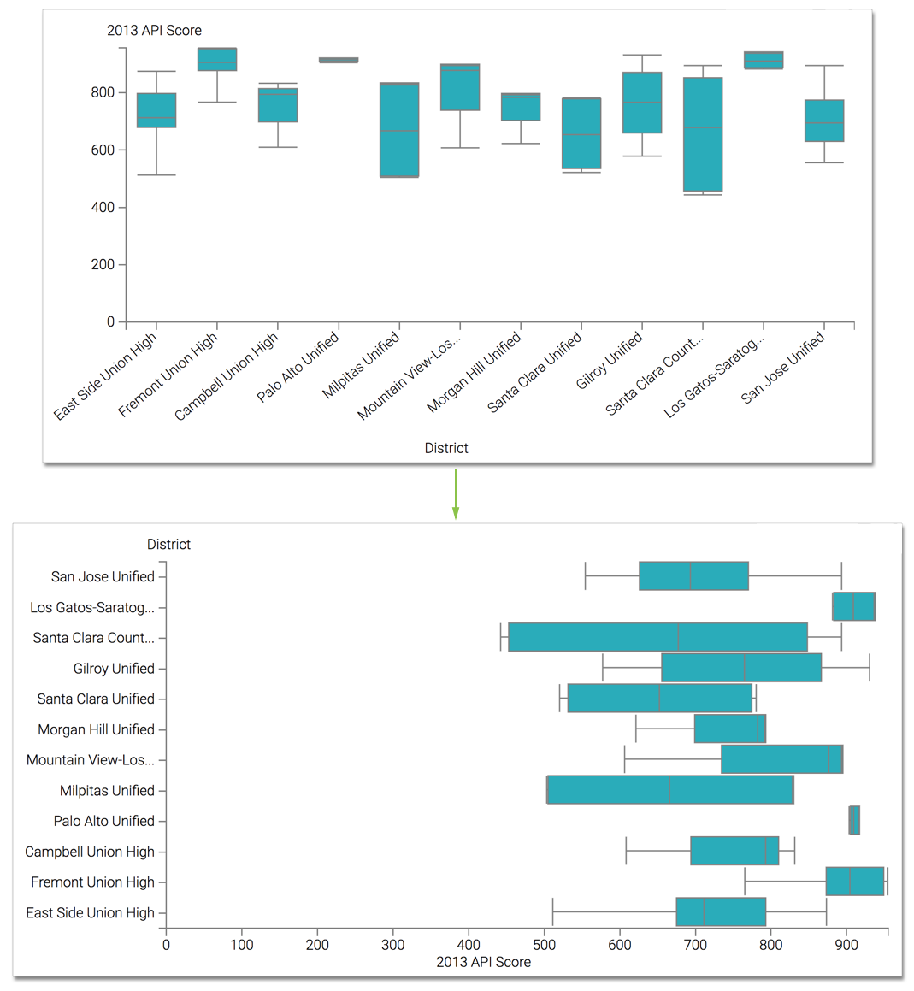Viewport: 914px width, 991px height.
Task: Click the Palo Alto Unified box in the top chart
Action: [339, 60]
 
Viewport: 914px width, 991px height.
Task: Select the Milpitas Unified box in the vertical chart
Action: [399, 130]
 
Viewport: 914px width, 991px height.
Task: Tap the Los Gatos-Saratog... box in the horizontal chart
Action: [853, 606]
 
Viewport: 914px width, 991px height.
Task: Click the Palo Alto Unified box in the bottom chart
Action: [854, 820]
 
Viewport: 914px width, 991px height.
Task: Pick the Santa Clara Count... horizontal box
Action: [657, 637]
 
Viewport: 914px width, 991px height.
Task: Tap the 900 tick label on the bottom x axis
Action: [846, 945]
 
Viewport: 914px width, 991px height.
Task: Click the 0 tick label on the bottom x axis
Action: [166, 945]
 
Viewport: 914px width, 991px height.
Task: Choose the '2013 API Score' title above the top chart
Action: [154, 31]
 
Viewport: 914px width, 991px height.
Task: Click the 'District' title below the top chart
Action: [446, 448]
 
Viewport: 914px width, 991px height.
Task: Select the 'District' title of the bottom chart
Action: [168, 545]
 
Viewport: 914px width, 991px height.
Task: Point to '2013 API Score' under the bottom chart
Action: [483, 962]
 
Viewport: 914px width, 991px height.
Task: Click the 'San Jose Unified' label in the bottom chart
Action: [103, 577]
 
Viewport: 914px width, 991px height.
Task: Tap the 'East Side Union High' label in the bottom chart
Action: [90, 913]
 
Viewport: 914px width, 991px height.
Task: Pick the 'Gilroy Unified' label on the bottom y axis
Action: [114, 669]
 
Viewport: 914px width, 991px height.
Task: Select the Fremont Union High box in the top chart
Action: [217, 59]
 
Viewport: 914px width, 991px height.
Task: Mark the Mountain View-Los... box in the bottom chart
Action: [781, 759]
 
